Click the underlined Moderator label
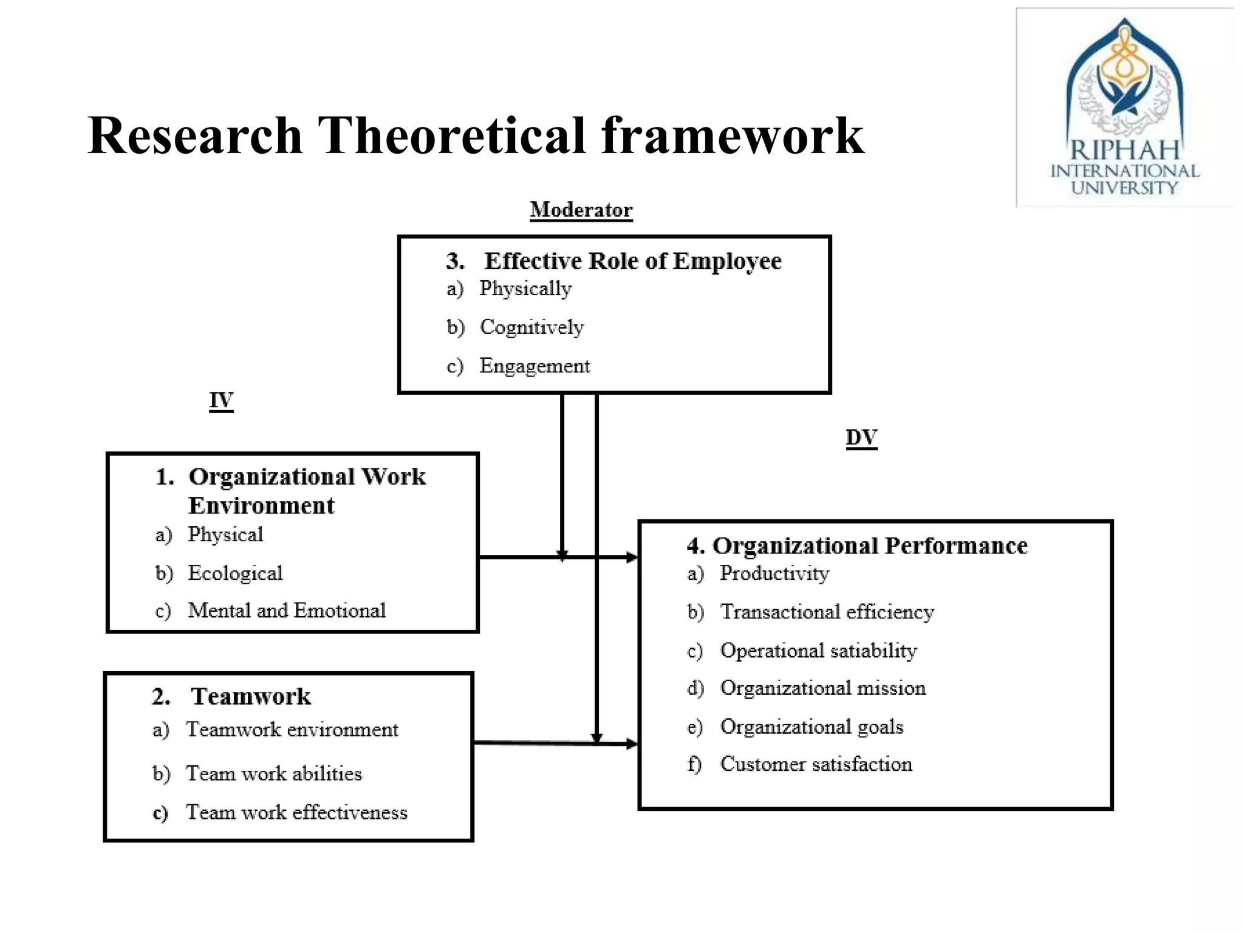(581, 210)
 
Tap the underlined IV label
(221, 401)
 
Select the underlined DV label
(861, 437)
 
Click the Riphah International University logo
(1125, 108)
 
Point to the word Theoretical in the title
(452, 136)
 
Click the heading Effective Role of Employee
(632, 261)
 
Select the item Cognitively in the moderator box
(531, 327)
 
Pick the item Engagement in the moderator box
(535, 366)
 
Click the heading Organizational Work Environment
(307, 491)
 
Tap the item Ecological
(235, 573)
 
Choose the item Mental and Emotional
(287, 610)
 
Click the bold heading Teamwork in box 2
(250, 697)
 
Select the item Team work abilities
(274, 774)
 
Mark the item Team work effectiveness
(296, 813)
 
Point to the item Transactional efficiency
(827, 612)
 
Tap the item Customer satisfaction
(816, 765)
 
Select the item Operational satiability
(818, 651)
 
